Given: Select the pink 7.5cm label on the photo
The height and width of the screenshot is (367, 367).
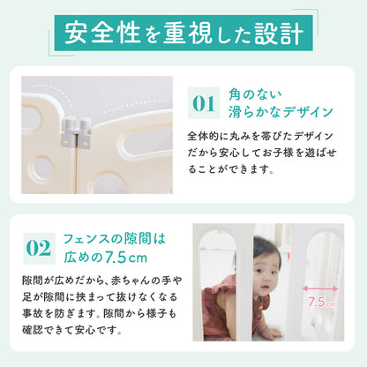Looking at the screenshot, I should (323, 301).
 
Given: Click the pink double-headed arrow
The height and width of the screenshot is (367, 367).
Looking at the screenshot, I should (322, 286).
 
